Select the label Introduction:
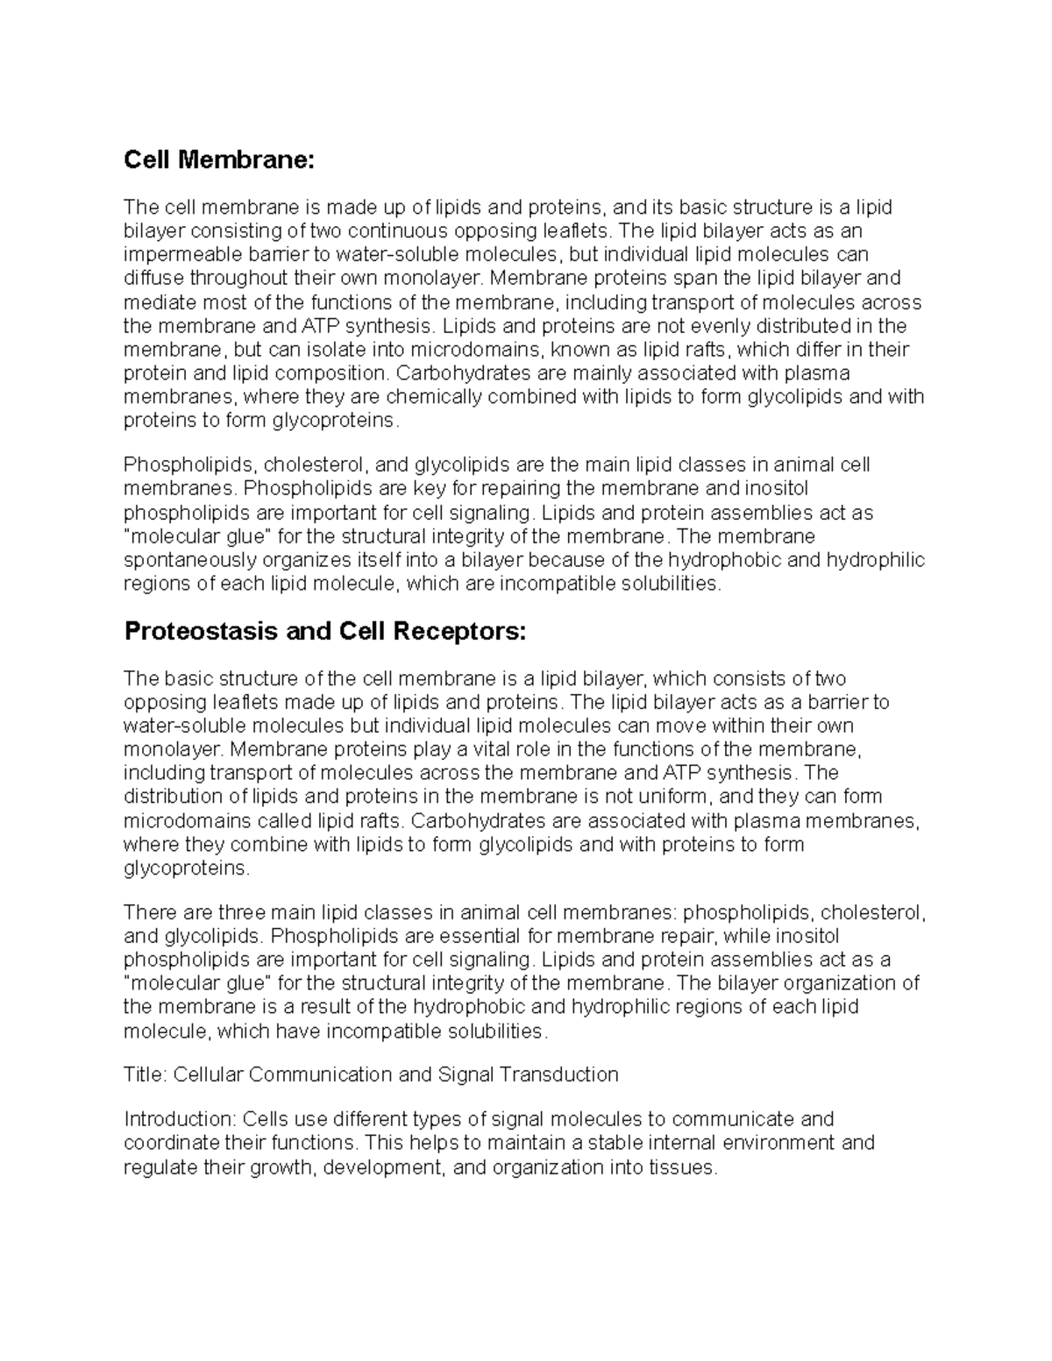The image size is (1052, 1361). pos(181,1119)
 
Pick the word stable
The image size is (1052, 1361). pos(620,1143)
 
